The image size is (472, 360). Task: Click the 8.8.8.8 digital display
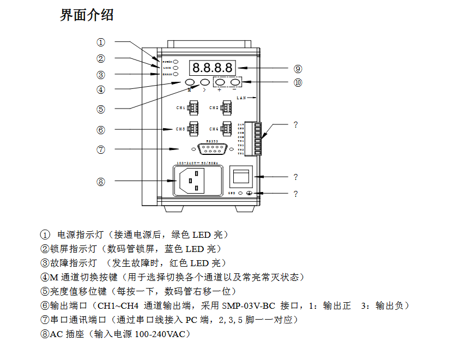click(x=212, y=68)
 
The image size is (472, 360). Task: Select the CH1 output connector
click(x=192, y=108)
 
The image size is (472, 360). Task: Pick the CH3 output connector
click(x=192, y=129)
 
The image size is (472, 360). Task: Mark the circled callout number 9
click(x=298, y=69)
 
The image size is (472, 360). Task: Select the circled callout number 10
click(x=298, y=83)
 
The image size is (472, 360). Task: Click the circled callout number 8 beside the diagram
click(x=101, y=182)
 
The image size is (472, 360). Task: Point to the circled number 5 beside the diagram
click(x=101, y=109)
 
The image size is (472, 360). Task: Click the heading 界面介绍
click(x=87, y=15)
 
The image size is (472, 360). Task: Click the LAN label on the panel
click(x=242, y=98)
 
